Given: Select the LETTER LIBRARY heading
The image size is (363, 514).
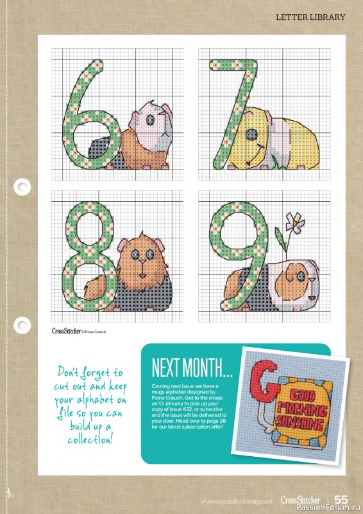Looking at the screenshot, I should click(x=310, y=17).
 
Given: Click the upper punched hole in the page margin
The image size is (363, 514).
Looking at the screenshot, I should click(x=22, y=187).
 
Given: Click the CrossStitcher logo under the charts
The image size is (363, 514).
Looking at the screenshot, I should click(x=65, y=331).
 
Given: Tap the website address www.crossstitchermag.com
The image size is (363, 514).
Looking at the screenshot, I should click(x=237, y=501).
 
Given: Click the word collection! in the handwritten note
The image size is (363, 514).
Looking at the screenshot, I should click(x=90, y=440).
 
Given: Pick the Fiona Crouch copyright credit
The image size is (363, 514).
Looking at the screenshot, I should click(x=94, y=332).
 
